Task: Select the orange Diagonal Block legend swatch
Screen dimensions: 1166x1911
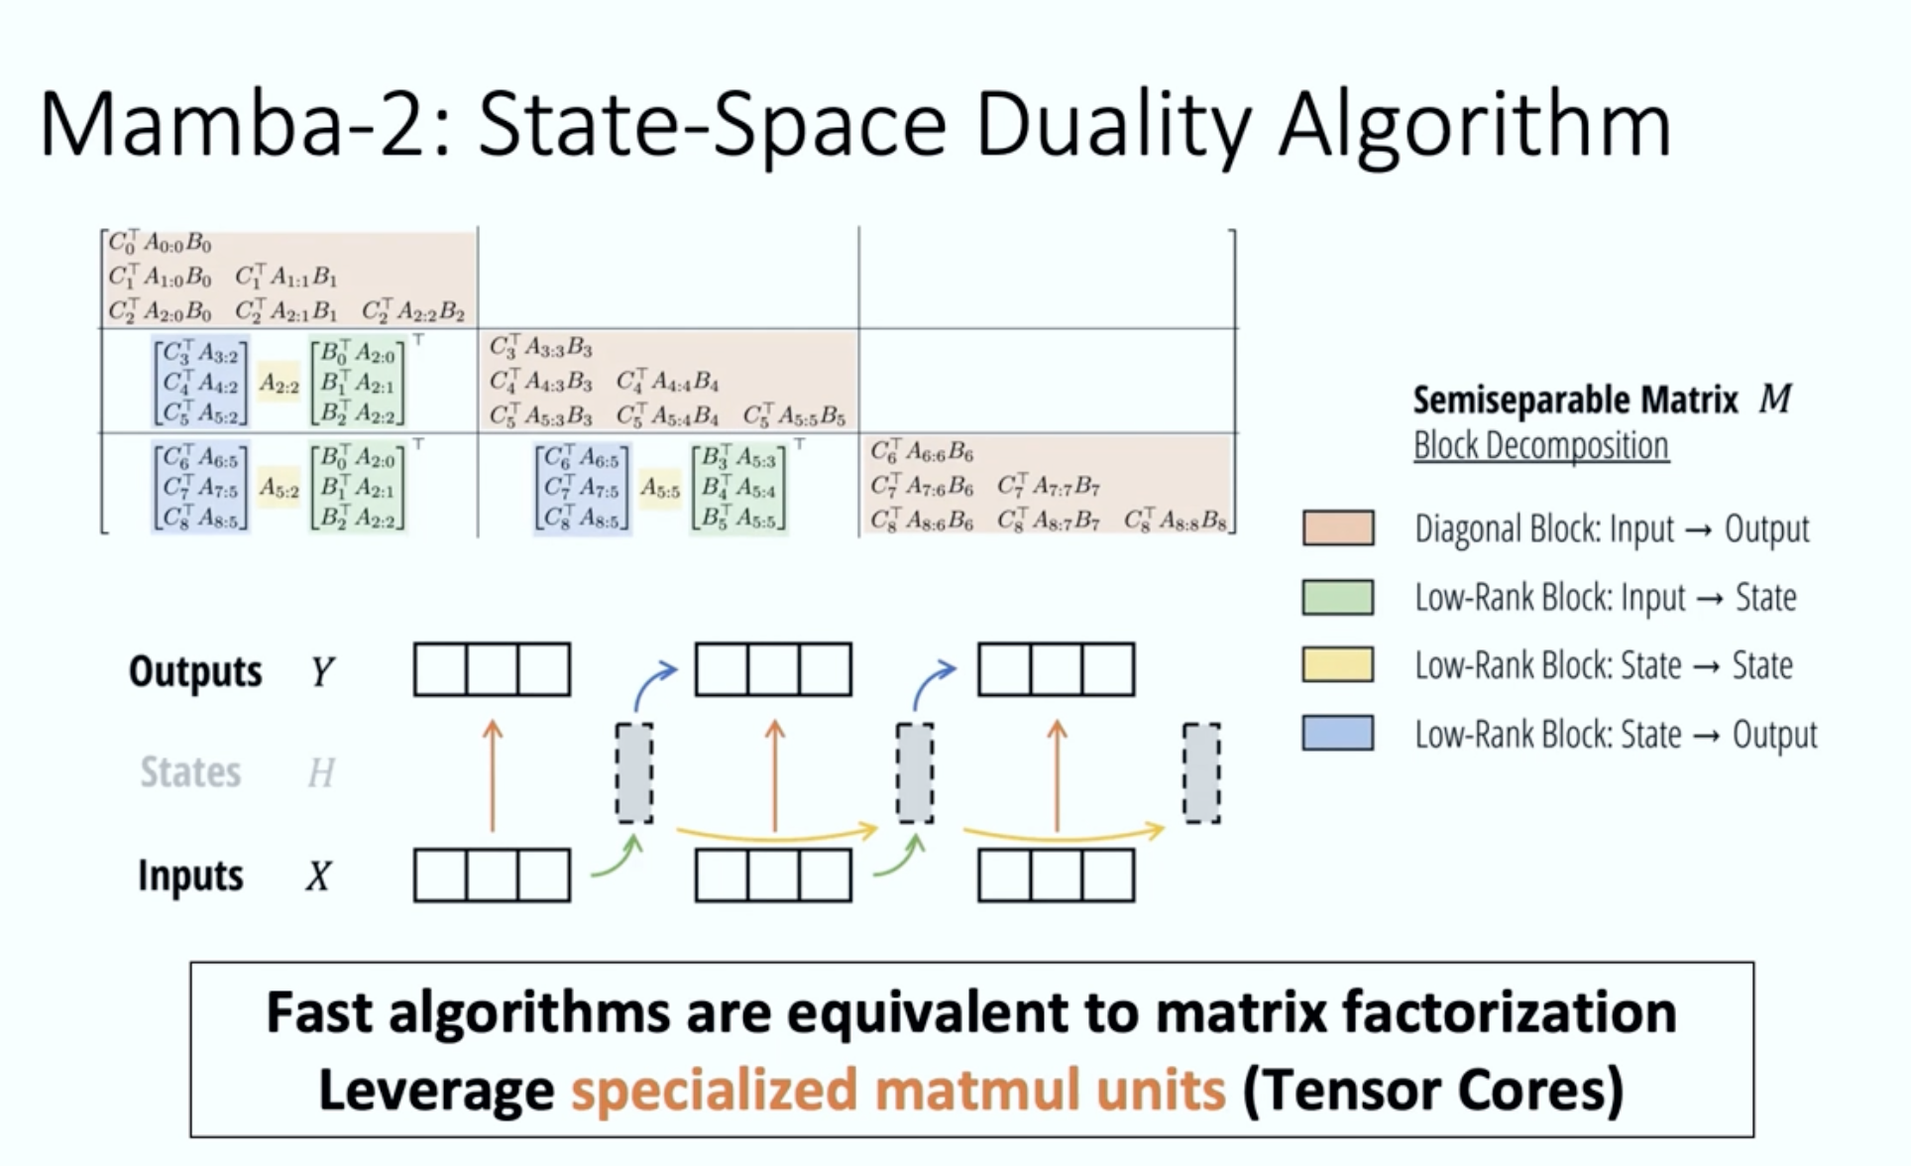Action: (x=1338, y=528)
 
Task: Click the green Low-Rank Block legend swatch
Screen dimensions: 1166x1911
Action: (x=1338, y=597)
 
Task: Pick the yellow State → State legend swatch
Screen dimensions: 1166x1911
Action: (x=1338, y=664)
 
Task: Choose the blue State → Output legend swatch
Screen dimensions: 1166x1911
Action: (x=1338, y=734)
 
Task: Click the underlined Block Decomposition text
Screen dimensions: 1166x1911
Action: (x=1540, y=446)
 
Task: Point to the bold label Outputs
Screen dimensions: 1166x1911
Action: (x=195, y=671)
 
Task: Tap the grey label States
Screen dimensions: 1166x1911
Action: (x=190, y=772)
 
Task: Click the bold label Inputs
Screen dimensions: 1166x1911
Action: (x=190, y=875)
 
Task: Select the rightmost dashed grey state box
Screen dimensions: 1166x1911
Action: (x=1201, y=773)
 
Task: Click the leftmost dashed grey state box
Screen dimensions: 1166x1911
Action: (x=634, y=773)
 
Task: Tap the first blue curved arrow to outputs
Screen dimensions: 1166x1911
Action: (x=652, y=682)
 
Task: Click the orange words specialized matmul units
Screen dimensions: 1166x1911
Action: (x=898, y=1090)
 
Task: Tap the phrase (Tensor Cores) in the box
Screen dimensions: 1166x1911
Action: (x=1432, y=1090)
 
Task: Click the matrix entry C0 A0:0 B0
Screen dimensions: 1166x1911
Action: (x=160, y=243)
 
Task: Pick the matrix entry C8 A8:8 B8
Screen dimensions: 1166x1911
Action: (x=1176, y=521)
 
